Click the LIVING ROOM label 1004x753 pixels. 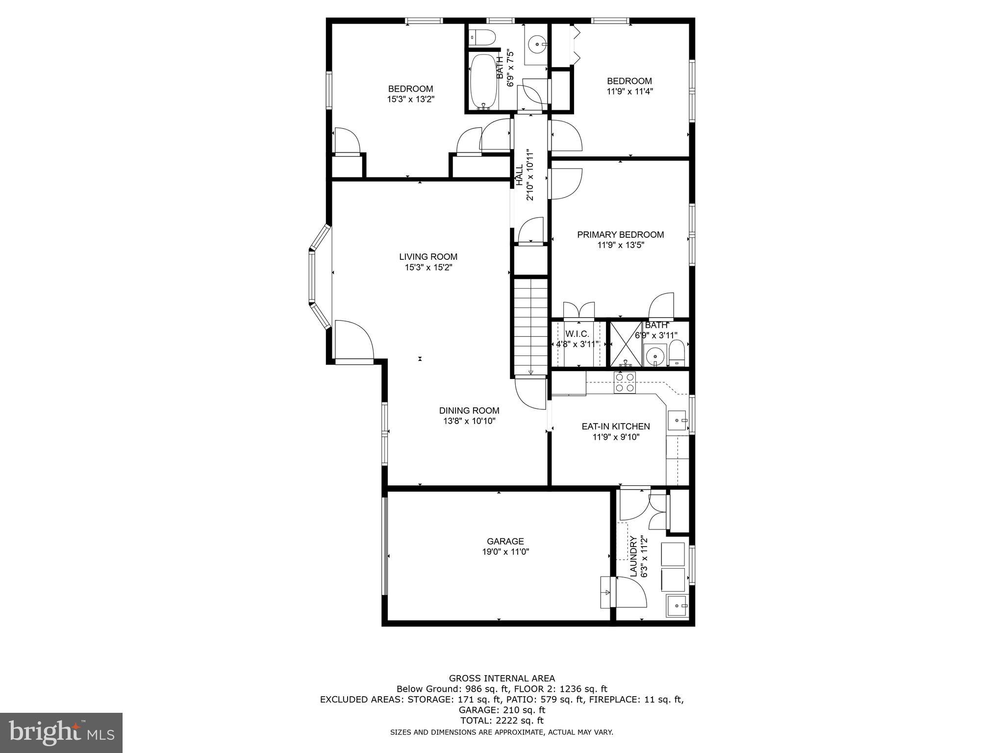coord(428,256)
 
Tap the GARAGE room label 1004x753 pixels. coord(505,541)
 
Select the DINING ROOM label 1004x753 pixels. coord(469,410)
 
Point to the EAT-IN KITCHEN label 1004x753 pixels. coord(616,427)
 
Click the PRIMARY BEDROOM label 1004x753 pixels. coord(620,235)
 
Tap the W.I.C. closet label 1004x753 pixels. coord(577,334)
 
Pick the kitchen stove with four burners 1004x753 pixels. coord(625,382)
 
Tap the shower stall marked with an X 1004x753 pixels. coord(626,344)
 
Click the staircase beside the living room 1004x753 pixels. coord(530,326)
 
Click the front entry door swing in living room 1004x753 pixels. coord(354,340)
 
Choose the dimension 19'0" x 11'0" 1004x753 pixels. coord(505,552)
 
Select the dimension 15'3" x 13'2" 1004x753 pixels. coord(410,99)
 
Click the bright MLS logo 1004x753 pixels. coord(61,732)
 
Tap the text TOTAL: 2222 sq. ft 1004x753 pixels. coord(502,721)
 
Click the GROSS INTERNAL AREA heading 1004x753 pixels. coord(502,678)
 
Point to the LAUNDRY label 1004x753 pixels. coord(633,556)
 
